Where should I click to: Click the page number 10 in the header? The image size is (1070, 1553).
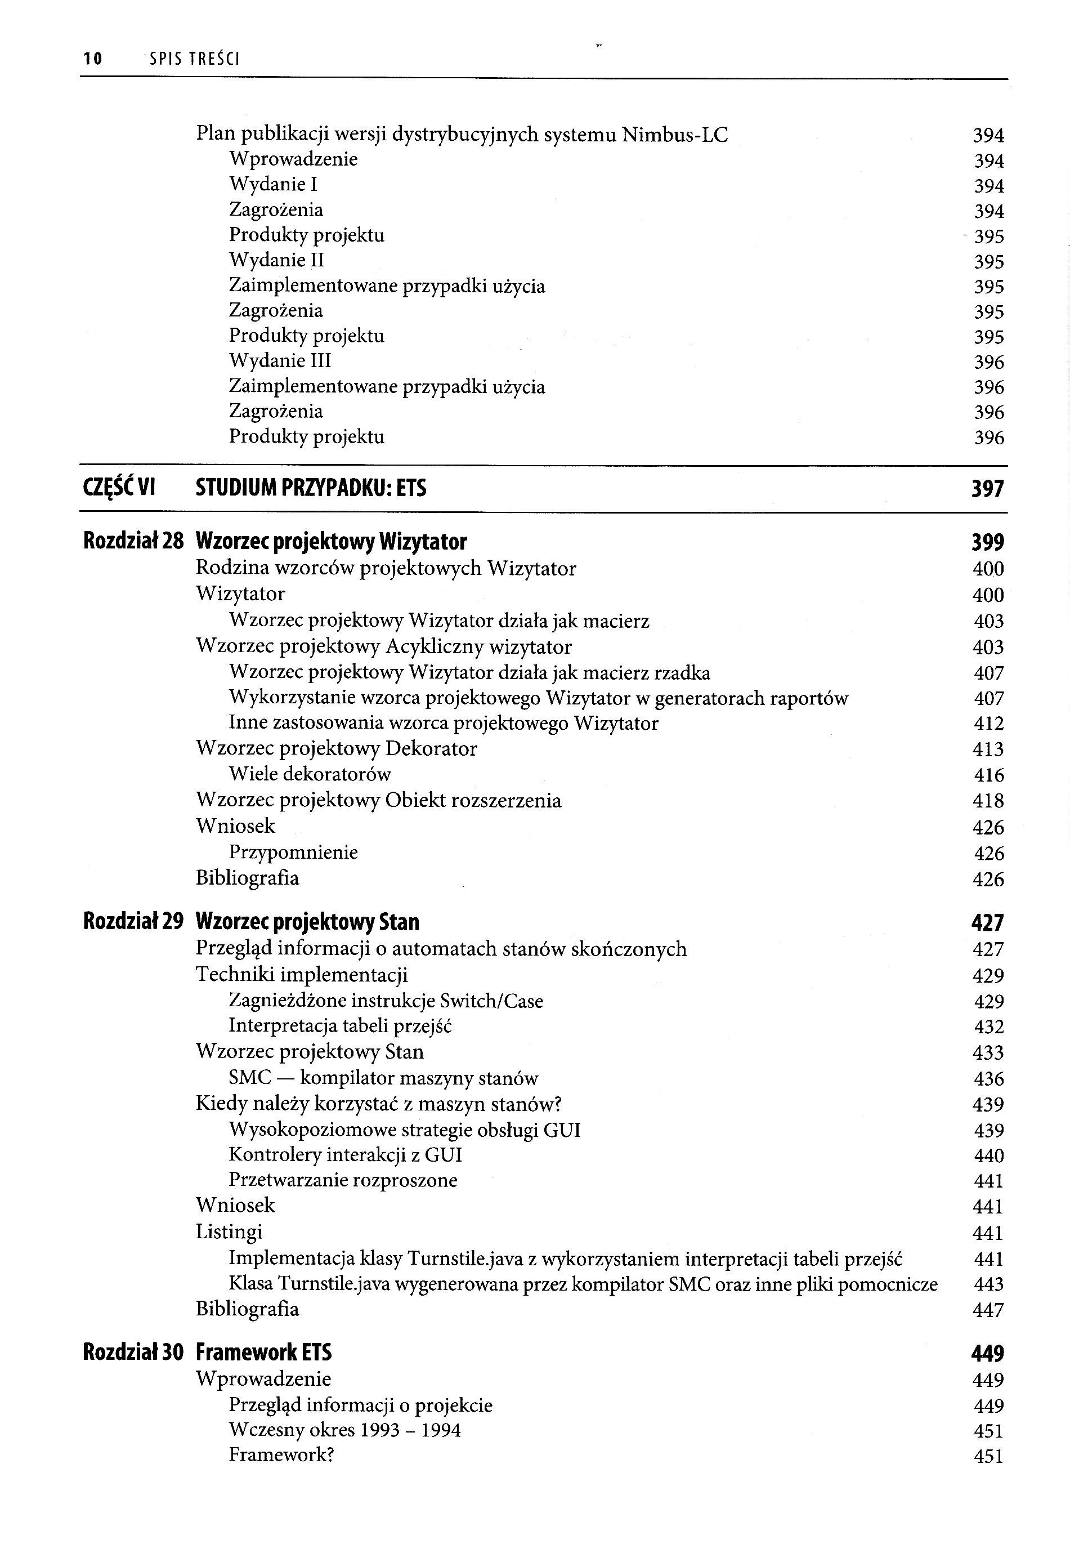click(92, 59)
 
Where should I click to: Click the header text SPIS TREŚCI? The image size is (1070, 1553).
click(194, 59)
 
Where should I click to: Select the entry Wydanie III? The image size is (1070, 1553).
click(280, 361)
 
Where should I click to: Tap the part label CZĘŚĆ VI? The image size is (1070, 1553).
click(119, 488)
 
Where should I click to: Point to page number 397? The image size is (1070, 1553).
click(987, 489)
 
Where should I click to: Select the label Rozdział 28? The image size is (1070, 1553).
click(133, 541)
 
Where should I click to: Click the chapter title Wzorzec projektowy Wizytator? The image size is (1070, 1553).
click(331, 541)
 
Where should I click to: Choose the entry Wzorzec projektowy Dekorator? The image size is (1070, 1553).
click(337, 748)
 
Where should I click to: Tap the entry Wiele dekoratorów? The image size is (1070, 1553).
click(310, 774)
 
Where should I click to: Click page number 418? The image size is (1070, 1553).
click(987, 801)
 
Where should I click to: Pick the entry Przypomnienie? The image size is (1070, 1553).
click(294, 853)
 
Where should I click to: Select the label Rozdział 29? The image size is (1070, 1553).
click(133, 922)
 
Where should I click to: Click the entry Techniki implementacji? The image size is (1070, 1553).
click(302, 974)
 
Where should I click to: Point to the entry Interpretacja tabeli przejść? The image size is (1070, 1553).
click(341, 1026)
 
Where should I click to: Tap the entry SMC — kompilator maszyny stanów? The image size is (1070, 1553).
click(383, 1078)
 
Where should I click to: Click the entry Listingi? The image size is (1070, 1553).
click(229, 1232)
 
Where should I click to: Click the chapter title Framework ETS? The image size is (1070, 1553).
click(263, 1353)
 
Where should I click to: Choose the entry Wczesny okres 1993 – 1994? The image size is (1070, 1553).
click(344, 1430)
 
